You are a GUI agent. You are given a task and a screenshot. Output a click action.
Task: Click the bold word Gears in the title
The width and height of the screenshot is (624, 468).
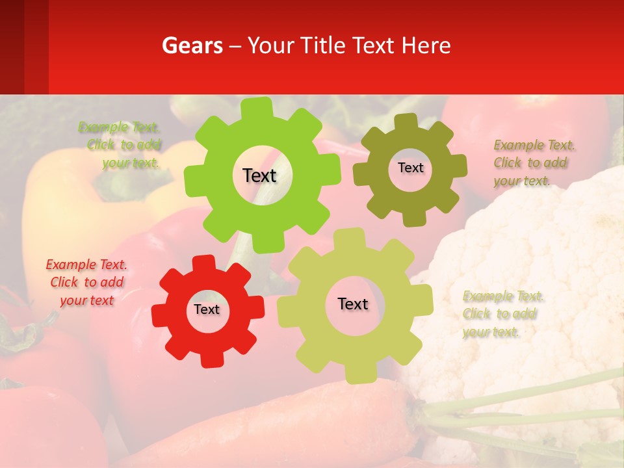tap(192, 45)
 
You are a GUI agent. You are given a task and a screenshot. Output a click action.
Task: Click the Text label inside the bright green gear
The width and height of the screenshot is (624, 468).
tap(259, 175)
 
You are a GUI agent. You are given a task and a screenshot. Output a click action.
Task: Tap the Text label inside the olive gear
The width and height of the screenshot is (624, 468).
tap(410, 168)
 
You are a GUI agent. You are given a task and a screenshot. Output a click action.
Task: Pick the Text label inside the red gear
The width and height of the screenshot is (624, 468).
tap(207, 309)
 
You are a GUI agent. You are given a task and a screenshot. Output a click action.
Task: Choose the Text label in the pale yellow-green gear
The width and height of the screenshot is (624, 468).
tap(353, 304)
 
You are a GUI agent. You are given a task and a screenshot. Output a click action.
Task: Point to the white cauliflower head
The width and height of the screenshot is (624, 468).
tap(533, 260)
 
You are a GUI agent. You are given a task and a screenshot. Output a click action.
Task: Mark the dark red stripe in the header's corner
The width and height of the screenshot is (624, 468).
tap(12, 47)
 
